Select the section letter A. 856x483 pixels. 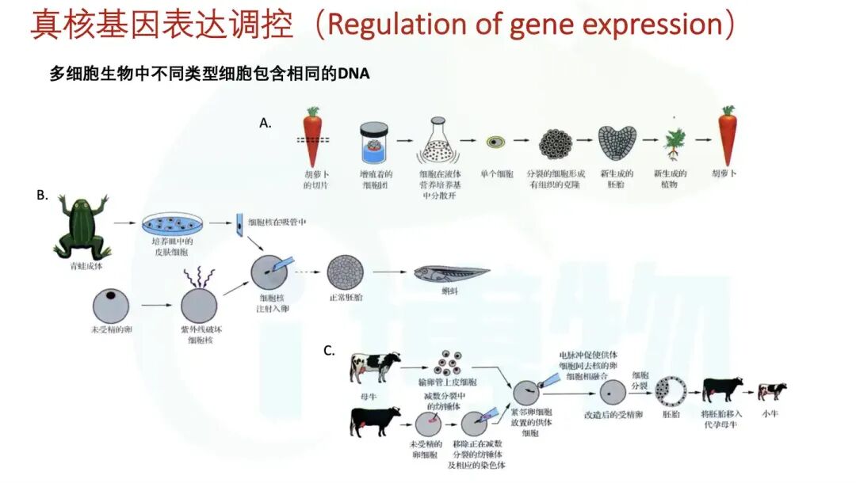(x=266, y=123)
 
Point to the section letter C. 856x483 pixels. (x=328, y=350)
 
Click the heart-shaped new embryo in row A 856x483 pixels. (x=615, y=143)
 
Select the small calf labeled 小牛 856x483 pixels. (x=771, y=391)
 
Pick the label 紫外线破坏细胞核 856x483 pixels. (x=199, y=335)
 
